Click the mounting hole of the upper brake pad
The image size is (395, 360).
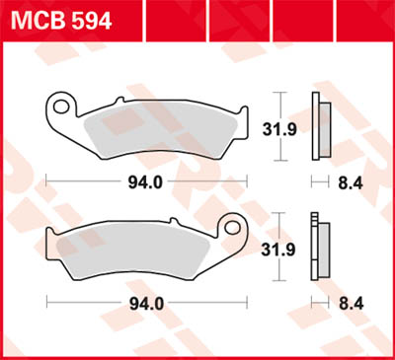click(x=63, y=105)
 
